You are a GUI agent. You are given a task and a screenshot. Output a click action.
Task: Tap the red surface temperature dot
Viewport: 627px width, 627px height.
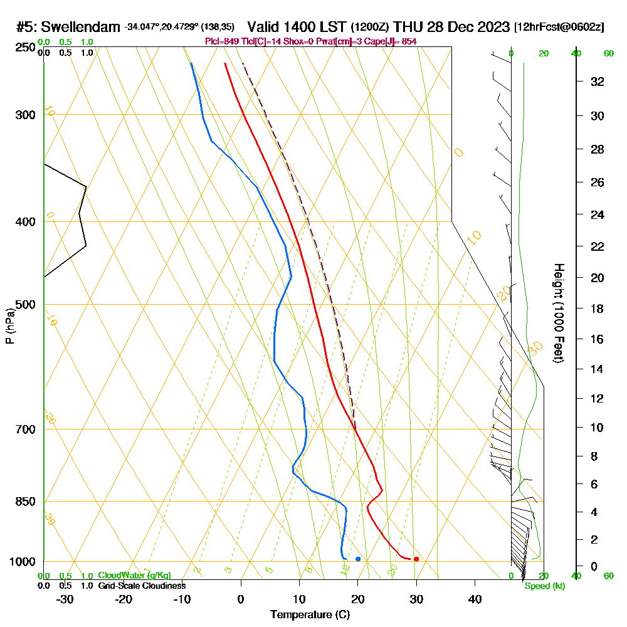(416, 559)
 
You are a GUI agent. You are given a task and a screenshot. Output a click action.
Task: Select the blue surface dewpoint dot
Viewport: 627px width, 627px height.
(358, 559)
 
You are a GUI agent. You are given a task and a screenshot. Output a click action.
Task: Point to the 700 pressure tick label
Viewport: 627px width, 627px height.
(24, 429)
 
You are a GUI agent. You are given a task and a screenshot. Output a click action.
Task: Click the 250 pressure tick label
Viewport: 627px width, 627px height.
(24, 48)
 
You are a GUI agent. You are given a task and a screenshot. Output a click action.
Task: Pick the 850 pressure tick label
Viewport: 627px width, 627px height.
(24, 502)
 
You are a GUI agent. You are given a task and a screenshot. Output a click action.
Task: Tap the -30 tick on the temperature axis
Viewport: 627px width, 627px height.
(65, 598)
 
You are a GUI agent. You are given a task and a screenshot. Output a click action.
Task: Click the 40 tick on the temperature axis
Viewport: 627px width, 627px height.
(475, 598)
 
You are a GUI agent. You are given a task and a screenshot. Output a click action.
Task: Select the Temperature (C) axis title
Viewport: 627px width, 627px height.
(310, 615)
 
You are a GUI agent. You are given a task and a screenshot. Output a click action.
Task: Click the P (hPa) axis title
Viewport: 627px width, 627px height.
(9, 326)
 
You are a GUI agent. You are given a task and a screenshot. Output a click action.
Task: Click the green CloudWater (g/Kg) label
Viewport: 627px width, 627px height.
(134, 576)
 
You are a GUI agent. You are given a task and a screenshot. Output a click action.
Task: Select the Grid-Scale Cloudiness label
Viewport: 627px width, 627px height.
(142, 586)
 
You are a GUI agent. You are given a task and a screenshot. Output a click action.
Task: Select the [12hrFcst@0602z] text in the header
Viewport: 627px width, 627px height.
(559, 27)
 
